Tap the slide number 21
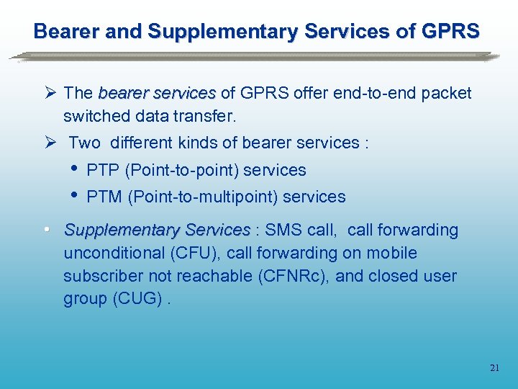(494, 367)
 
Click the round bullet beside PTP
(76, 169)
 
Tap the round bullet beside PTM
(76, 195)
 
